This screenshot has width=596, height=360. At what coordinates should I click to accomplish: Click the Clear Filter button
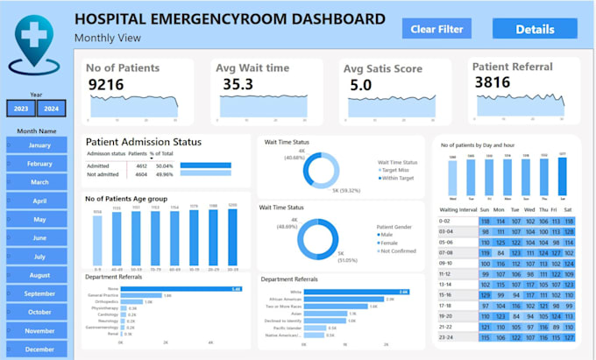tap(436, 29)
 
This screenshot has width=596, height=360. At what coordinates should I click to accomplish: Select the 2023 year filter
tap(20, 109)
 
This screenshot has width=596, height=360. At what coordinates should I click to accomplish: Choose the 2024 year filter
tap(52, 109)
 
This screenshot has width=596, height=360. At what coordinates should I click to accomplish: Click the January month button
tap(39, 145)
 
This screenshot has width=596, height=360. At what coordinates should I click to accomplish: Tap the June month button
tap(39, 238)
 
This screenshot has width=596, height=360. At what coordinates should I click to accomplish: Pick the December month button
tap(39, 349)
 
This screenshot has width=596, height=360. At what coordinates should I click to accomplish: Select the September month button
tap(39, 293)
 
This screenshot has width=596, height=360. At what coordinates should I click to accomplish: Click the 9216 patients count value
tap(111, 83)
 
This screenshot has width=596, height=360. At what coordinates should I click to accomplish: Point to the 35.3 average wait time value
tap(238, 83)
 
